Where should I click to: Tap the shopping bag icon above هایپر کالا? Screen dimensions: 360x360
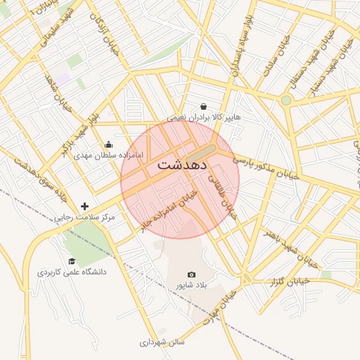pos(203,106)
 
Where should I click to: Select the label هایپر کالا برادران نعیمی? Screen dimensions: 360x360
pos(203,117)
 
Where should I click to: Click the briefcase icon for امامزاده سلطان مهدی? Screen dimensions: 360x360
pos(108,144)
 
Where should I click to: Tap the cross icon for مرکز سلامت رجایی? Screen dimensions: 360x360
pos(85,206)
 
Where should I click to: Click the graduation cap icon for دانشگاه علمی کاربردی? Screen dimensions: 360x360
pos(72,261)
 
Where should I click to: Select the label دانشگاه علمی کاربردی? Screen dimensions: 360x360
pos(72,271)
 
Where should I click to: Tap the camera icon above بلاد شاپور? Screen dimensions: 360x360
pos(191,275)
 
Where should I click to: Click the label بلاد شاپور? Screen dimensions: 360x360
pos(191,286)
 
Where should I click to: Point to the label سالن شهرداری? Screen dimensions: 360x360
pos(161,342)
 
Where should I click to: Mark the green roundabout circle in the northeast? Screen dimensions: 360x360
pos(285,101)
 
